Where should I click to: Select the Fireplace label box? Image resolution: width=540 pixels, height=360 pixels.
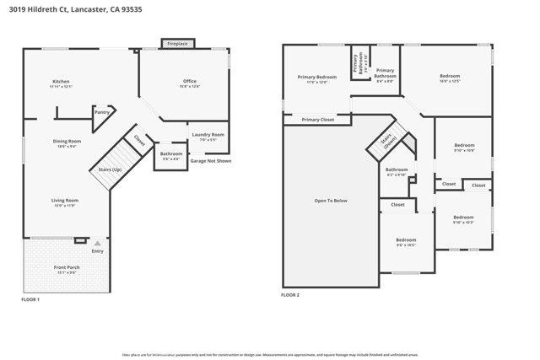point(177,43)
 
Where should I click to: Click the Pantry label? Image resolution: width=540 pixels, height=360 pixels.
point(102,111)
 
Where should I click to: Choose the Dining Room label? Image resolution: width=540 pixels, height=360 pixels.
point(67,142)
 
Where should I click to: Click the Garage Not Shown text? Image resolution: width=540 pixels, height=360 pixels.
point(210,160)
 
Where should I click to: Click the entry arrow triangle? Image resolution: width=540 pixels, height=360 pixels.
point(97,243)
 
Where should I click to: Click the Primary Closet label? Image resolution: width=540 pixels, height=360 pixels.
point(318,120)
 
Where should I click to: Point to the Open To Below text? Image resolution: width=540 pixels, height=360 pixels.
point(331,200)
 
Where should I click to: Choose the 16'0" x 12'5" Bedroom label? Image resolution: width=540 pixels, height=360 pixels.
point(450,78)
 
